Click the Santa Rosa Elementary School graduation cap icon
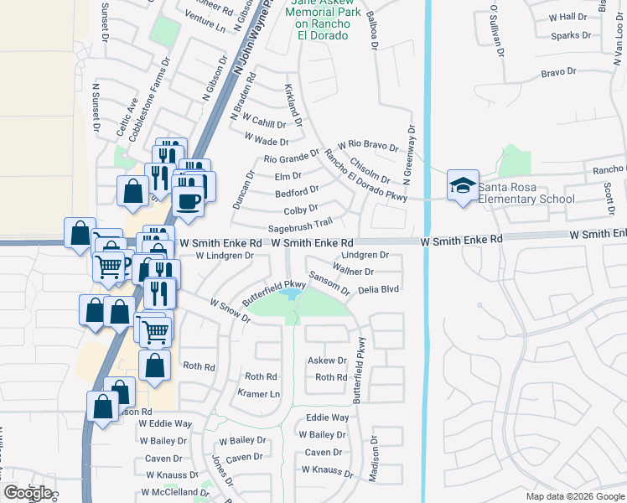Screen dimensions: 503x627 coord(462,186)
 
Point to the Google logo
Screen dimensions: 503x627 coord(28,493)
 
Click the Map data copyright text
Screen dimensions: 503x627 coord(574,496)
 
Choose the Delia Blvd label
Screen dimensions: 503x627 coord(377,289)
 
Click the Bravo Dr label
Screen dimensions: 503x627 coord(559,73)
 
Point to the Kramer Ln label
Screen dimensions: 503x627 coord(257,392)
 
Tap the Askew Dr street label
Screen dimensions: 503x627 coord(327,360)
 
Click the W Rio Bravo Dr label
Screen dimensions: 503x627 coord(368,146)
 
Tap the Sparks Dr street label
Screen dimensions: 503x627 coord(572,36)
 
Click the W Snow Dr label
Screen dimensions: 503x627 coord(231,310)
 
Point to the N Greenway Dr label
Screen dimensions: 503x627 coord(410,155)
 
